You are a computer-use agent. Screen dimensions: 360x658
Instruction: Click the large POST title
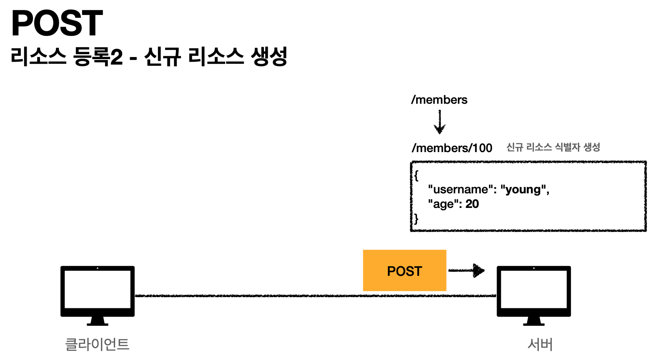point(57,23)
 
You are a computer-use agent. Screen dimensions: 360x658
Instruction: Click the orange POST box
point(404,270)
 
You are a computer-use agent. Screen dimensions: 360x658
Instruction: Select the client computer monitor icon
point(98,292)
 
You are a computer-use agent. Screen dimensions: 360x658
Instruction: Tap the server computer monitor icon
point(534,292)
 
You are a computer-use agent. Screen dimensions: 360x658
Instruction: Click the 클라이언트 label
point(98,344)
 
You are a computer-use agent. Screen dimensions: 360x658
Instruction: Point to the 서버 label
point(540,344)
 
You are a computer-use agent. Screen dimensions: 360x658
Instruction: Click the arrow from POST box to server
point(467,270)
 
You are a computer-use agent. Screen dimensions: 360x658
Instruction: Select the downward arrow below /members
point(440,122)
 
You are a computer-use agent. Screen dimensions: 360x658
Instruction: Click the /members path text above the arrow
point(439,100)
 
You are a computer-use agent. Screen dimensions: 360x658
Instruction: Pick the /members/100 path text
point(452,148)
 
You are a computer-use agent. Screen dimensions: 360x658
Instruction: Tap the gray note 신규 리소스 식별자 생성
point(553,147)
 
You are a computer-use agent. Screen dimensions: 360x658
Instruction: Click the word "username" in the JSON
point(458,190)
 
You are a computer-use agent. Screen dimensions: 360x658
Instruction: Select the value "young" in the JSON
point(523,190)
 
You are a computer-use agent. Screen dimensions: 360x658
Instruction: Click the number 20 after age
point(472,204)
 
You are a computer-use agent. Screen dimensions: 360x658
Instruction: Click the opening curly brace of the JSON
point(416,175)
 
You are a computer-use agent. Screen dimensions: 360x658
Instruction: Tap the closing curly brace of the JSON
point(416,218)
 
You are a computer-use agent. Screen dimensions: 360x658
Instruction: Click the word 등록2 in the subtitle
point(98,57)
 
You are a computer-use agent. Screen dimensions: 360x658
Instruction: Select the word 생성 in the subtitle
point(269,57)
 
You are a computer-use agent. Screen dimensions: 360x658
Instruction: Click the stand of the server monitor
point(534,321)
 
